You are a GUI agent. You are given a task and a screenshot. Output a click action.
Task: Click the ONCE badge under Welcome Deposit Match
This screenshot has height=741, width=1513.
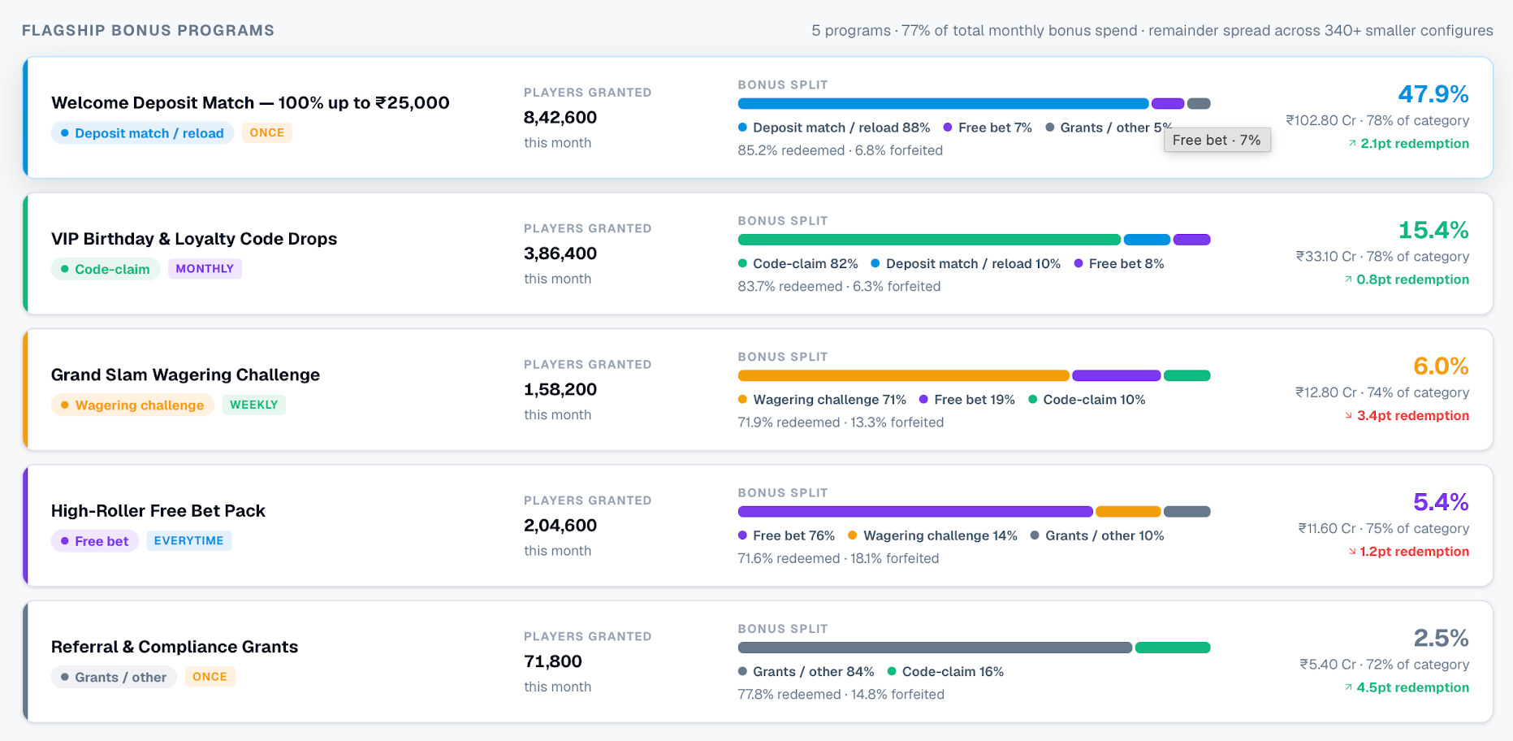pyautogui.click(x=266, y=132)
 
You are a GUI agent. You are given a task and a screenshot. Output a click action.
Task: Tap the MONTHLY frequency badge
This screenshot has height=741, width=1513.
pyautogui.click(x=205, y=269)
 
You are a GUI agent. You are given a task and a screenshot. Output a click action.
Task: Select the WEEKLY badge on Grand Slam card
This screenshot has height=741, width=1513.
pyautogui.click(x=253, y=405)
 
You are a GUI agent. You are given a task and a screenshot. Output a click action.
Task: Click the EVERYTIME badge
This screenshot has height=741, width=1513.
pyautogui.click(x=188, y=540)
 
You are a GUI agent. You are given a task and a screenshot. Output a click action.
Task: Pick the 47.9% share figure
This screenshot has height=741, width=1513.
pyautogui.click(x=1433, y=94)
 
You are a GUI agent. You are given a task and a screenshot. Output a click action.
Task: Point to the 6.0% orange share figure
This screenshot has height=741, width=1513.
pyautogui.click(x=1441, y=366)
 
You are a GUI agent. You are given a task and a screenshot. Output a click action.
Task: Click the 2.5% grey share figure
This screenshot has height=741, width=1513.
pyautogui.click(x=1441, y=638)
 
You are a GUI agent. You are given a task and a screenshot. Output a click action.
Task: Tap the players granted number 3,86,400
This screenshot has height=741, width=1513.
pyautogui.click(x=560, y=253)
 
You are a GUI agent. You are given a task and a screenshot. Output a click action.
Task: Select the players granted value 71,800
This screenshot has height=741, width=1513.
pyautogui.click(x=553, y=661)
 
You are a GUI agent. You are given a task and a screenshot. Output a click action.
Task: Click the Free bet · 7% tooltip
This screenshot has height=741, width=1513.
pyautogui.click(x=1217, y=140)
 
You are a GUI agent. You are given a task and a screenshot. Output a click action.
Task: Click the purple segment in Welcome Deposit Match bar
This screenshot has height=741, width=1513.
pyautogui.click(x=1168, y=104)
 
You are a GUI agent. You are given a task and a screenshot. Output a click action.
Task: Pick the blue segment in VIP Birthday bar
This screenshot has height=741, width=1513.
pyautogui.click(x=1147, y=240)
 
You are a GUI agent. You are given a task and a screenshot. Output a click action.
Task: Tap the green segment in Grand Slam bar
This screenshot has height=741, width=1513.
pyautogui.click(x=1187, y=375)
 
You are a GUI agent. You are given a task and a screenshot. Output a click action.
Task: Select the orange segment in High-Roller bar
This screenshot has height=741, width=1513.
pyautogui.click(x=1128, y=512)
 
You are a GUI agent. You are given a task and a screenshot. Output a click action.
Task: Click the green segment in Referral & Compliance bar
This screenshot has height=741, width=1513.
pyautogui.click(x=1173, y=648)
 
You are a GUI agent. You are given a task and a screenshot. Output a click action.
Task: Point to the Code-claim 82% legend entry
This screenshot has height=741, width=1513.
pyautogui.click(x=798, y=263)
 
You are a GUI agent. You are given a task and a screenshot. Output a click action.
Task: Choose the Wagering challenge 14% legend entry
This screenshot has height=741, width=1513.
pyautogui.click(x=932, y=535)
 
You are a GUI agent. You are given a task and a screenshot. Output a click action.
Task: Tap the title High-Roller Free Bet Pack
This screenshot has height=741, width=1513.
pyautogui.click(x=158, y=511)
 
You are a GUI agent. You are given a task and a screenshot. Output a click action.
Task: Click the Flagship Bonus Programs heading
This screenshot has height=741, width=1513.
pyautogui.click(x=148, y=31)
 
